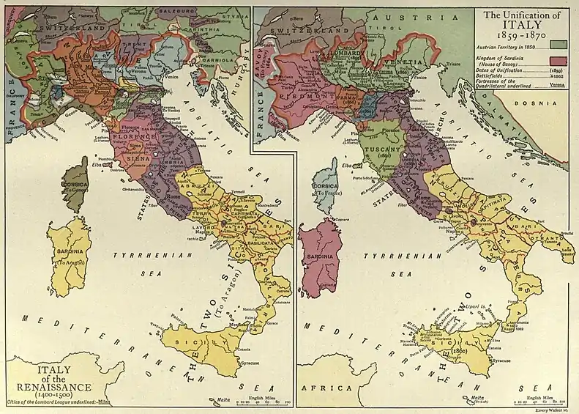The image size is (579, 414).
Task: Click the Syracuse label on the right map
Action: point(501,361)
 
